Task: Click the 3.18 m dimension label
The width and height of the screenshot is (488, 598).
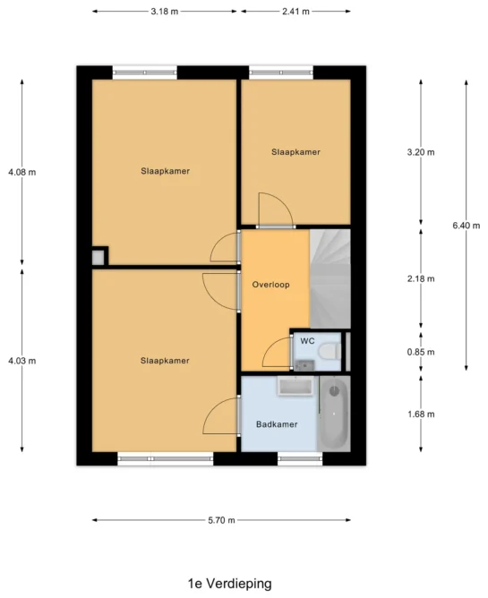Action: [x=165, y=12]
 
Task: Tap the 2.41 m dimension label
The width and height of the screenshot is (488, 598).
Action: [x=295, y=12]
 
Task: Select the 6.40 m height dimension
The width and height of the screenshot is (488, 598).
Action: [x=467, y=226]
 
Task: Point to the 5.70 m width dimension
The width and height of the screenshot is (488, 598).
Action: [x=221, y=520]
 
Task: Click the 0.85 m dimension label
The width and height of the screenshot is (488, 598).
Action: [x=421, y=352]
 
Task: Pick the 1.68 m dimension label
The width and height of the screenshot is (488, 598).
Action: [x=421, y=414]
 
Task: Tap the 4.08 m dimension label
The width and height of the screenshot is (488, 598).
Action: [x=22, y=172]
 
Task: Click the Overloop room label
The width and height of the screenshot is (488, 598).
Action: [x=271, y=285]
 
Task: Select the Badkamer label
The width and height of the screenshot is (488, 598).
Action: [x=277, y=424]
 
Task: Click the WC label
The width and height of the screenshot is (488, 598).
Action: [x=307, y=340]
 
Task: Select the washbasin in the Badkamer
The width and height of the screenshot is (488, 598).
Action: [x=295, y=387]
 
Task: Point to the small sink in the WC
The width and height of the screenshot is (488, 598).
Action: [x=304, y=365]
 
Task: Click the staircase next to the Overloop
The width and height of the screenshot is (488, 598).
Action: [x=330, y=278]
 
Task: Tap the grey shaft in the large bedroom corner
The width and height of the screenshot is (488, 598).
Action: [x=98, y=258]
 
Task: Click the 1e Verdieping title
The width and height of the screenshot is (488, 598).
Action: [x=230, y=584]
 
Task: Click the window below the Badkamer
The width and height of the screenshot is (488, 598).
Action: [x=300, y=458]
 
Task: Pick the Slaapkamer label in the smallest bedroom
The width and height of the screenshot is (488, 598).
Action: [x=295, y=152]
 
